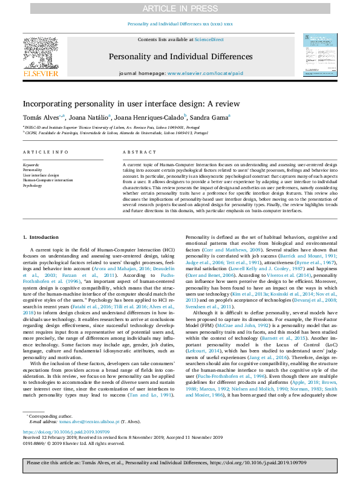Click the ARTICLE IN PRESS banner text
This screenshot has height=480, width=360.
[x=180, y=8]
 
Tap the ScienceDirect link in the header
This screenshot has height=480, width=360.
[x=209, y=39]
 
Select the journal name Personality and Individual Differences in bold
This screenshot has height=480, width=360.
[x=180, y=57]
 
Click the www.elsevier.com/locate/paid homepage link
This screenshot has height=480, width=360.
[x=205, y=73]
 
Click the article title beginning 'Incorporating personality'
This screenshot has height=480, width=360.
[x=131, y=103]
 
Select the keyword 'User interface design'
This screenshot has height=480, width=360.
[x=41, y=175]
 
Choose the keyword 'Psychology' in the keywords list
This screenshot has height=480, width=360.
[x=33, y=186]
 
